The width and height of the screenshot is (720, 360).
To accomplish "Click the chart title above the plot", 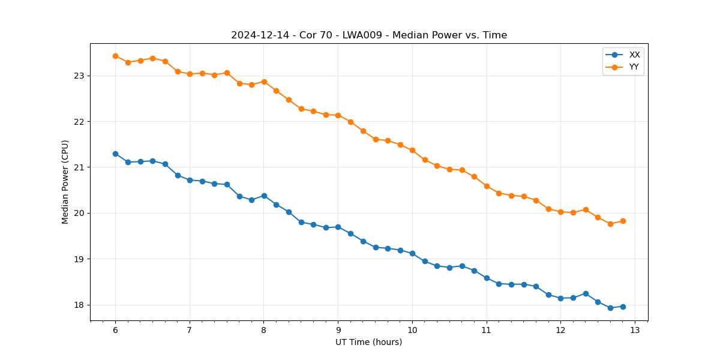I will (369, 35).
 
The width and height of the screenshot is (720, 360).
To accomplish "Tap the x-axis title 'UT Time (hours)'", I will (368, 342).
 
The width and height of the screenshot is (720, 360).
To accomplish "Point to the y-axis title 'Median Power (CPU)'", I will (65, 182).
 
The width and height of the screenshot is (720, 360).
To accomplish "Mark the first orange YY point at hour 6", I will (115, 56).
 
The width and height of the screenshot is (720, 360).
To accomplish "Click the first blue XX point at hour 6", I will (115, 154).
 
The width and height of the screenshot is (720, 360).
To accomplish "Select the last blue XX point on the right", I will (623, 307).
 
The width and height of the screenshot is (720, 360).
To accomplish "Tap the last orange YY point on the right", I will (623, 221).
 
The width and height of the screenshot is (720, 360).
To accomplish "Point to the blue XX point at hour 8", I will (264, 196).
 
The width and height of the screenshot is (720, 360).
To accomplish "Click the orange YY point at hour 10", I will (412, 150).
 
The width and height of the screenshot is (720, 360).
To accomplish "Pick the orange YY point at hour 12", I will (560, 212).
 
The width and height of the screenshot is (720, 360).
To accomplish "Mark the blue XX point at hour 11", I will (487, 278).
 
